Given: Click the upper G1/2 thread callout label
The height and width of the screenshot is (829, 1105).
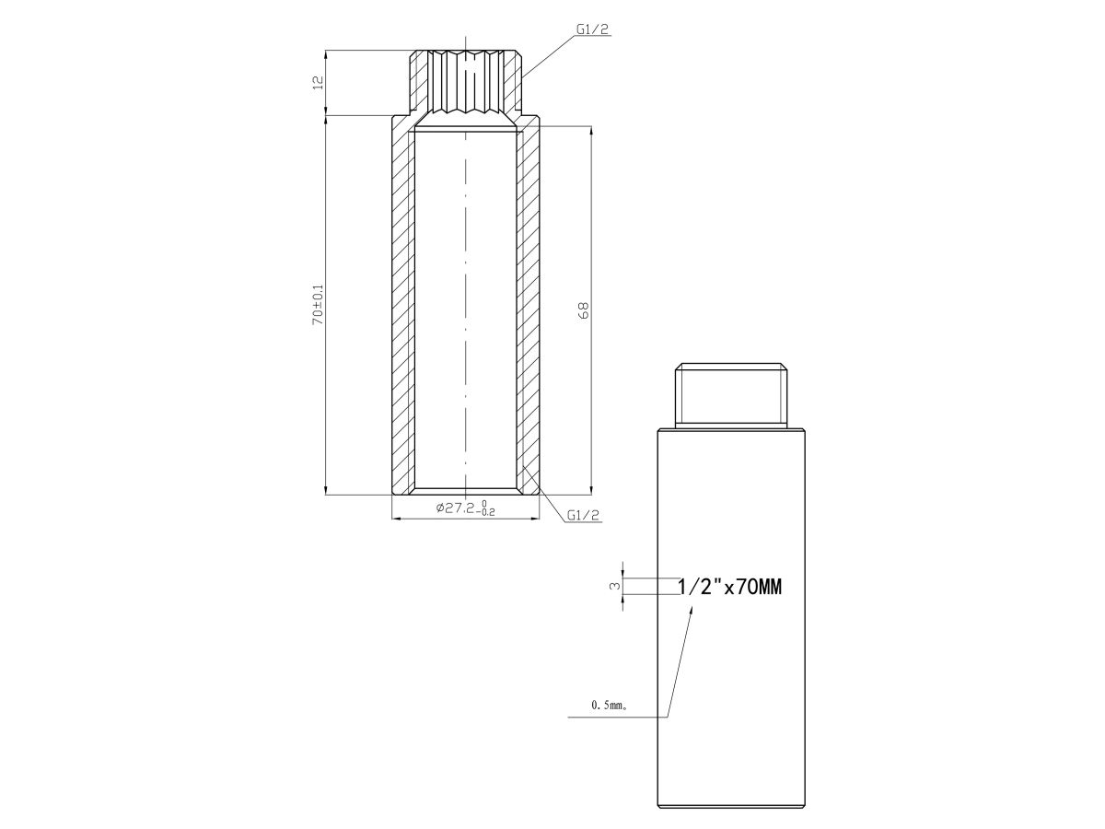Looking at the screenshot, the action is pyautogui.click(x=592, y=29).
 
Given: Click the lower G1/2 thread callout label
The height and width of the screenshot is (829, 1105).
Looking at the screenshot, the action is pyautogui.click(x=583, y=515).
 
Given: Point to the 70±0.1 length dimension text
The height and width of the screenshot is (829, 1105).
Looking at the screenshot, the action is pyautogui.click(x=318, y=304).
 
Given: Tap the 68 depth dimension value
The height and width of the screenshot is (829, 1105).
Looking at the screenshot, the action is pyautogui.click(x=584, y=310).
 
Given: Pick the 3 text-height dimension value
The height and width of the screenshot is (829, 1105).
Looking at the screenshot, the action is pyautogui.click(x=612, y=587).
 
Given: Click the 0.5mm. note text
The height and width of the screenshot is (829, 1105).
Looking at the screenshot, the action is pyautogui.click(x=610, y=706).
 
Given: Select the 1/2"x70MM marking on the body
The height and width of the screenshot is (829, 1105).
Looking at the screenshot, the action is pyautogui.click(x=730, y=587).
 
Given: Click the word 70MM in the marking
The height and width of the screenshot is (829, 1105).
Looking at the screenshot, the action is pyautogui.click(x=759, y=587).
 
